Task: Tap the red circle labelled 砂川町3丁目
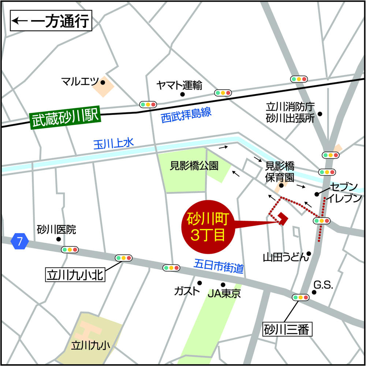pyautogui.click(x=208, y=227)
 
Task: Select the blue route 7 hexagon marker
pyautogui.click(x=19, y=241)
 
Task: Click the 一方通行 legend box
pyautogui.click(x=50, y=21)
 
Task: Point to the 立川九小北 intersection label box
pyautogui.click(x=75, y=274)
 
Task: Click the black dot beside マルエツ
pyautogui.click(x=103, y=82)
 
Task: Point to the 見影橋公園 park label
pyautogui.click(x=194, y=166)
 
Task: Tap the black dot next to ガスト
pyautogui.click(x=199, y=283)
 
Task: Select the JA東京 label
pyautogui.click(x=224, y=293)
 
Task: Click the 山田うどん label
pyautogui.click(x=284, y=257)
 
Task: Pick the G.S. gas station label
pyautogui.click(x=323, y=284)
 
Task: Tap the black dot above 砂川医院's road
pyautogui.click(x=58, y=239)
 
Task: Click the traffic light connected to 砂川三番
pyautogui.click(x=301, y=298)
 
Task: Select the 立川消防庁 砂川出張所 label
pyautogui.click(x=291, y=113)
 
